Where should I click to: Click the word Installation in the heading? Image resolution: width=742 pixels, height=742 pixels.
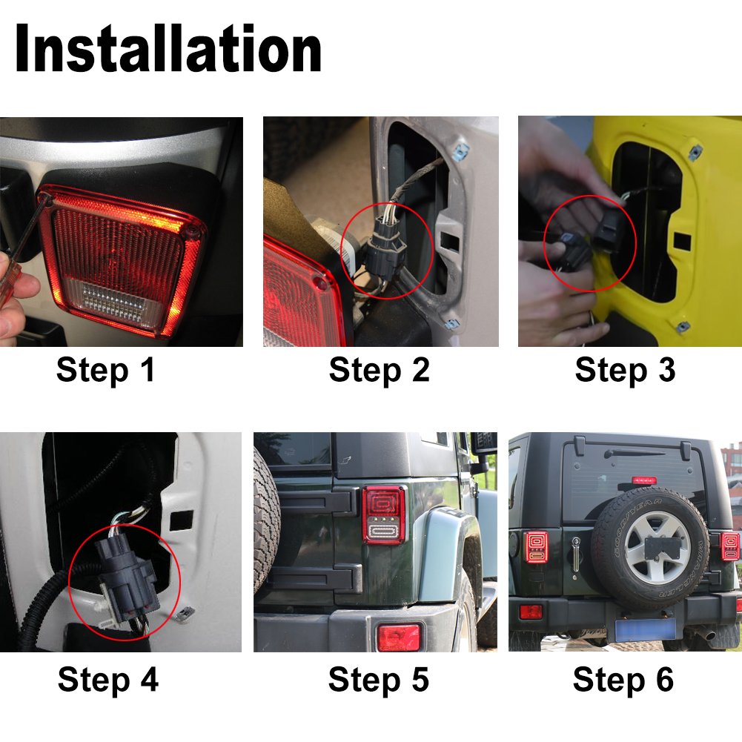click(x=168, y=49)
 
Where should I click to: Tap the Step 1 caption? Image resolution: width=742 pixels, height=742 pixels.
click(x=106, y=369)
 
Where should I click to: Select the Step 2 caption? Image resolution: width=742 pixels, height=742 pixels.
click(x=379, y=369)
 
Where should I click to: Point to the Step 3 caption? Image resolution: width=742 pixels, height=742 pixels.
click(x=625, y=369)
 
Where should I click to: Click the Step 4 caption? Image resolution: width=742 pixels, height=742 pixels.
click(x=107, y=679)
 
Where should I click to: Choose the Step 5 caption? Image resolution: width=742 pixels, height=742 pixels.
click(x=379, y=679)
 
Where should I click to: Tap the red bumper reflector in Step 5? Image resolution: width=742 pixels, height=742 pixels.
click(x=399, y=637)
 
